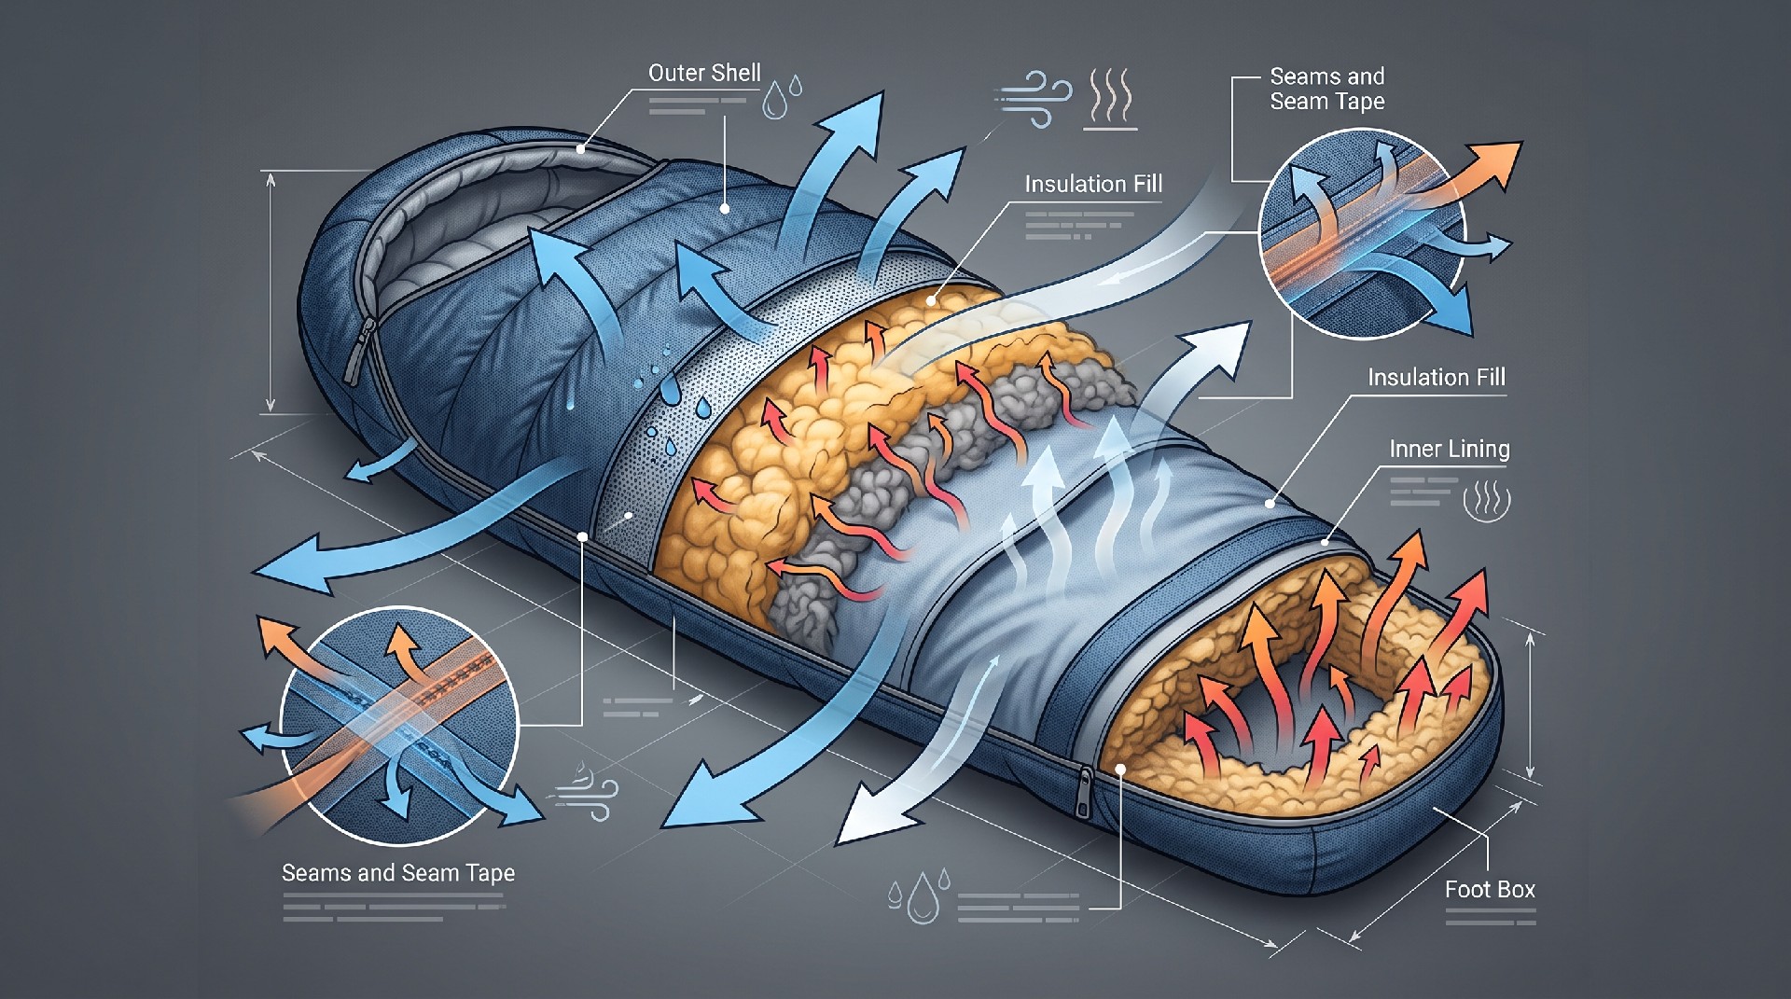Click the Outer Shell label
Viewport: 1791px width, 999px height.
704,73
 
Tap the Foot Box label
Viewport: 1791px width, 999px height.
1490,889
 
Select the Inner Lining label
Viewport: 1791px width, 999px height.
1449,449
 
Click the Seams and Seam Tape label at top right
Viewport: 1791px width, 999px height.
1326,89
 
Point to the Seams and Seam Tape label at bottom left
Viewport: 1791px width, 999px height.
398,873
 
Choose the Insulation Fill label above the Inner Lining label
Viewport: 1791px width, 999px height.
1437,377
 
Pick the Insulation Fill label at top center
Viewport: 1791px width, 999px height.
1093,184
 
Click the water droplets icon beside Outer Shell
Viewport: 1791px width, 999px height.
782,97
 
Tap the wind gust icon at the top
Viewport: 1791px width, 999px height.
1034,96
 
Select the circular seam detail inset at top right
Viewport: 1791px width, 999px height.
1362,233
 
